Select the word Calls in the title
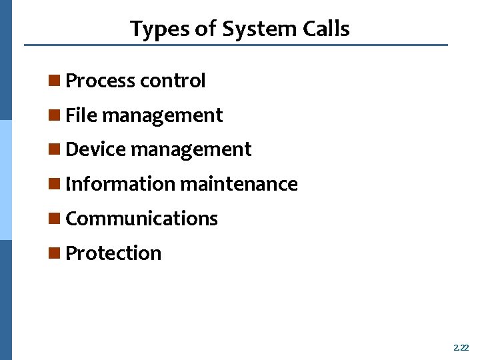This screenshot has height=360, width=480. click(x=325, y=29)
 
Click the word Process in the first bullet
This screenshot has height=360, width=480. click(x=99, y=81)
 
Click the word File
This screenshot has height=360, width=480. click(x=81, y=115)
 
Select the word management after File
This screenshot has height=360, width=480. click(x=162, y=116)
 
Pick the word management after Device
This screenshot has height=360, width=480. click(x=191, y=150)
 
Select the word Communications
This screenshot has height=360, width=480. click(x=142, y=219)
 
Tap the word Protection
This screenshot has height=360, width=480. click(x=113, y=253)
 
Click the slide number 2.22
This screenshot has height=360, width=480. click(x=461, y=347)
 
